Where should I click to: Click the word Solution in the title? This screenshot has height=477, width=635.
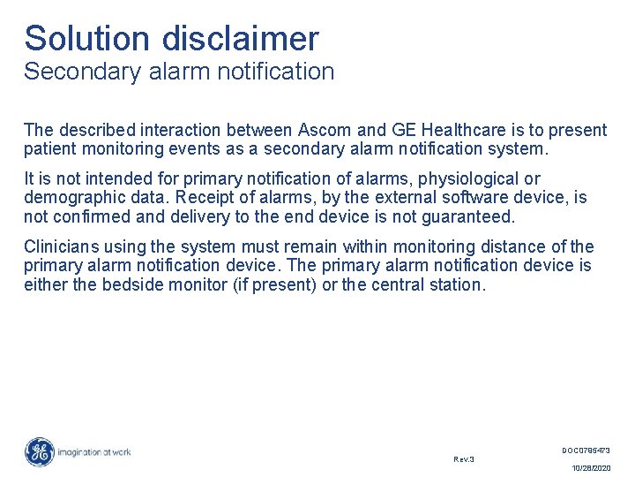[x=87, y=39]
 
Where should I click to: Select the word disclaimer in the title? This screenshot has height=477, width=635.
[x=240, y=39]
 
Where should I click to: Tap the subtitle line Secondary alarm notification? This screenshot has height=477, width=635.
[x=179, y=72]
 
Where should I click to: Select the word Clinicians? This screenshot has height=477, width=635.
[x=62, y=246]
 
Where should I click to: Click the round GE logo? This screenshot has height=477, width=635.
[x=39, y=451]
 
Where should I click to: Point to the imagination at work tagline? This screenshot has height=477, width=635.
[x=94, y=451]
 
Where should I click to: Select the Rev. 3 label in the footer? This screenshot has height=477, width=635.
[x=464, y=458]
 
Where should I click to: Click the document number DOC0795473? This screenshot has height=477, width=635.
[x=586, y=450]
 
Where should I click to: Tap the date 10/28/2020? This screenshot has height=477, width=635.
[x=591, y=468]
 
